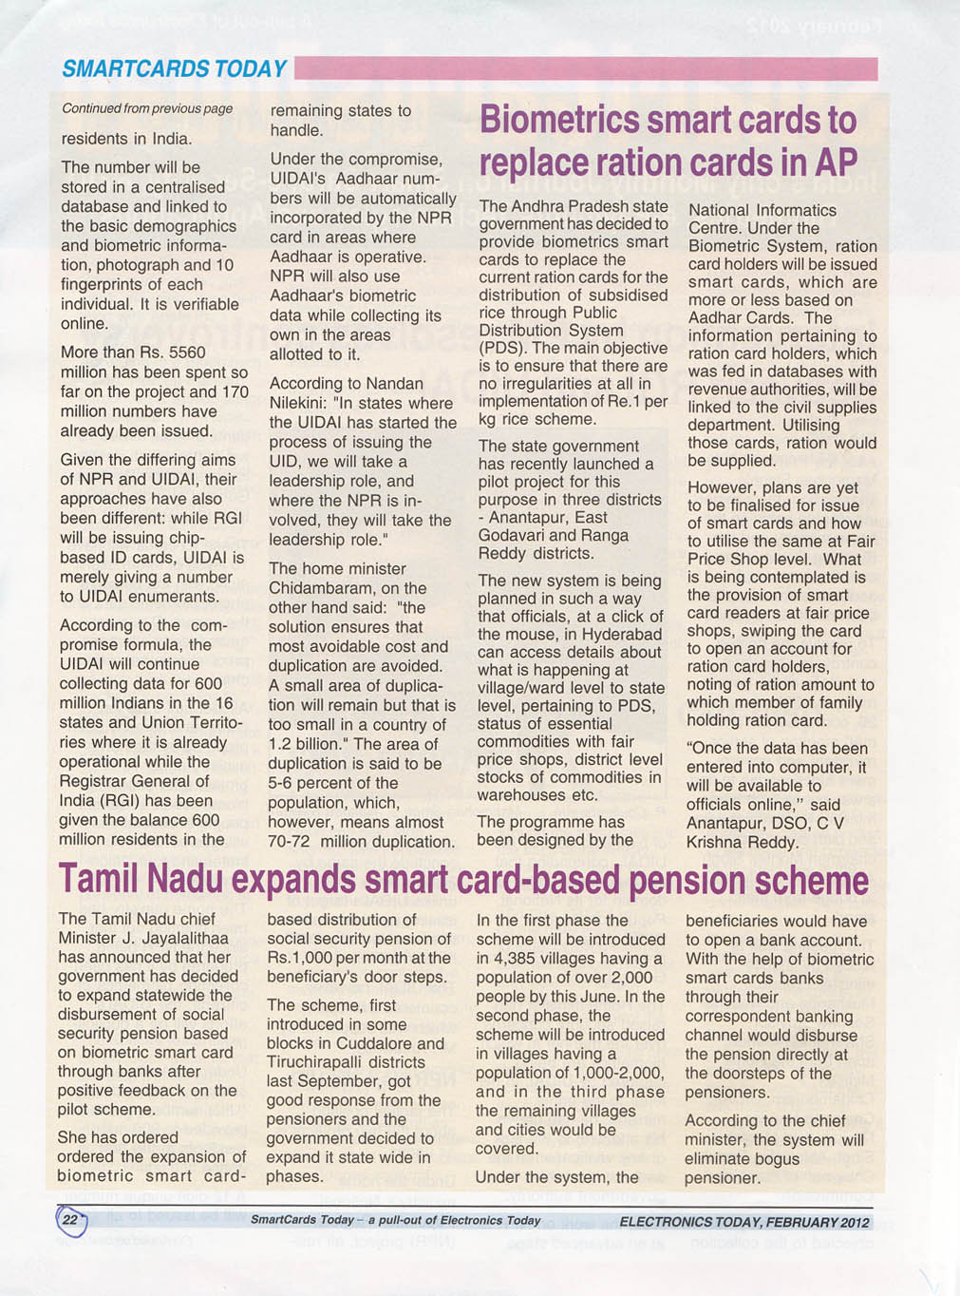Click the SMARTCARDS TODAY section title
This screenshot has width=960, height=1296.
point(174,68)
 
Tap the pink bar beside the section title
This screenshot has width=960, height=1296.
point(585,68)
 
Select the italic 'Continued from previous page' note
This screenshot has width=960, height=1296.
point(147,108)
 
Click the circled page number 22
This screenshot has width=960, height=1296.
point(70,1220)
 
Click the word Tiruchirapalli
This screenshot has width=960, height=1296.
point(315,1062)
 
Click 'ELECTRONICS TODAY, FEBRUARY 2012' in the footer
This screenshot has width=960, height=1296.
point(744,1222)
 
